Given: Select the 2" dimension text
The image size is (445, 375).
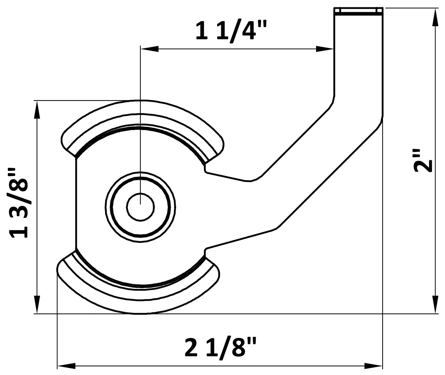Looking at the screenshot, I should [x=423, y=160].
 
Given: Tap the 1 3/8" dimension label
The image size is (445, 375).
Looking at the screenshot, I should [x=19, y=203].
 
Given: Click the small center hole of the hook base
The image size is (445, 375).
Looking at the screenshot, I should [x=140, y=206].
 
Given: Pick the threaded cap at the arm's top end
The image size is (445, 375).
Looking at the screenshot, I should [x=358, y=11].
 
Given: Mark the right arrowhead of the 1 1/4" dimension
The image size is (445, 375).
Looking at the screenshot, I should [x=326, y=49].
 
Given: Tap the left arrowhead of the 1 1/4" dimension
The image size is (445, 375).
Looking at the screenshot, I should [x=148, y=49].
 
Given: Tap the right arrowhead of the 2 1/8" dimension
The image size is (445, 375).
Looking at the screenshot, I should [x=375, y=365].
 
